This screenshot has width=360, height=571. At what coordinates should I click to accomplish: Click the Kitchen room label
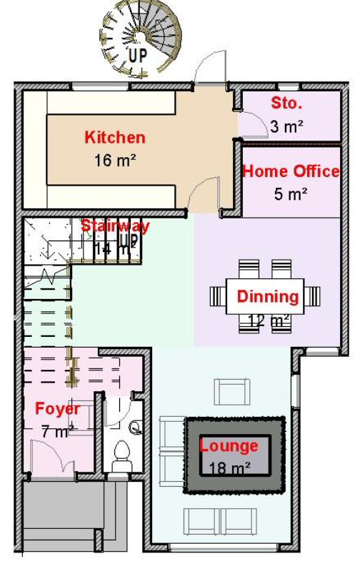(x=115, y=138)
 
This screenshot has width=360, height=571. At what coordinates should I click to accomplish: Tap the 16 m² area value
(x=115, y=161)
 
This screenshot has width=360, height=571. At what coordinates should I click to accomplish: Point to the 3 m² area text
(x=287, y=126)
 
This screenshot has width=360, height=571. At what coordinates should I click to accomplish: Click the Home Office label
(x=290, y=171)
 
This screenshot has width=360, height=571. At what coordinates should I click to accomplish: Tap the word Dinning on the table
(x=268, y=296)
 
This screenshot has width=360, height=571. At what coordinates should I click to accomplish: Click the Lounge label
(x=229, y=447)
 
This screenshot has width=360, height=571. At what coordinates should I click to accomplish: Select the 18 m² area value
(x=229, y=468)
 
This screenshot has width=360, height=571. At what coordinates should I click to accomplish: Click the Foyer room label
(x=57, y=409)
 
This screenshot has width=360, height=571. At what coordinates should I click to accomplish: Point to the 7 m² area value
(x=57, y=431)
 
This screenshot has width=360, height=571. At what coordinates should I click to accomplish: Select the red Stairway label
(x=115, y=226)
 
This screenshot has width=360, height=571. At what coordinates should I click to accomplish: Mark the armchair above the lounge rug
(x=233, y=391)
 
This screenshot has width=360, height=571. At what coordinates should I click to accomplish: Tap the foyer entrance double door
(x=51, y=457)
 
